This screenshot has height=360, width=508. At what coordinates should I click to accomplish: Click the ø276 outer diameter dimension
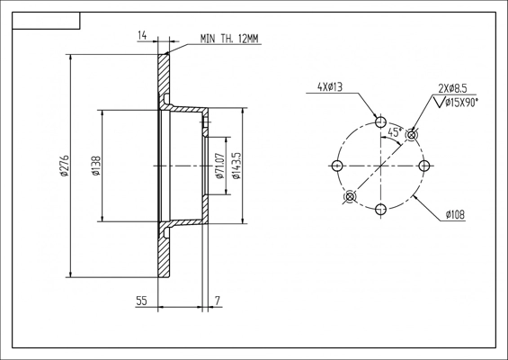(64, 166)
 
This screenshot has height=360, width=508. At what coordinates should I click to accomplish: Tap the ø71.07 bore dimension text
(219, 166)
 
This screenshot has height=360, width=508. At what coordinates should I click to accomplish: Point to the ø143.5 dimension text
(236, 166)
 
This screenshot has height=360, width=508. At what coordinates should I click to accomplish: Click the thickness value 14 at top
(142, 35)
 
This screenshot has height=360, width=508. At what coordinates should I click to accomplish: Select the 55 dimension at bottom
(142, 302)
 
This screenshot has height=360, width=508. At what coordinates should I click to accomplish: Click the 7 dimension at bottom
(218, 302)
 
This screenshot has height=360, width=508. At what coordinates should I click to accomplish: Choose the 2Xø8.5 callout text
(452, 88)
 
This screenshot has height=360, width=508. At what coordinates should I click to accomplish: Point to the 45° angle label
(394, 132)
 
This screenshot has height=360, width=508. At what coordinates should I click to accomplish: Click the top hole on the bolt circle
(380, 122)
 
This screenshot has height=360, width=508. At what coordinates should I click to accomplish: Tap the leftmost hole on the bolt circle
(337, 166)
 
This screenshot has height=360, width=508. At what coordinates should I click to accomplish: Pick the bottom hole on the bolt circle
(380, 209)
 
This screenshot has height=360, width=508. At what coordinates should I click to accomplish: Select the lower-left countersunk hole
(350, 196)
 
